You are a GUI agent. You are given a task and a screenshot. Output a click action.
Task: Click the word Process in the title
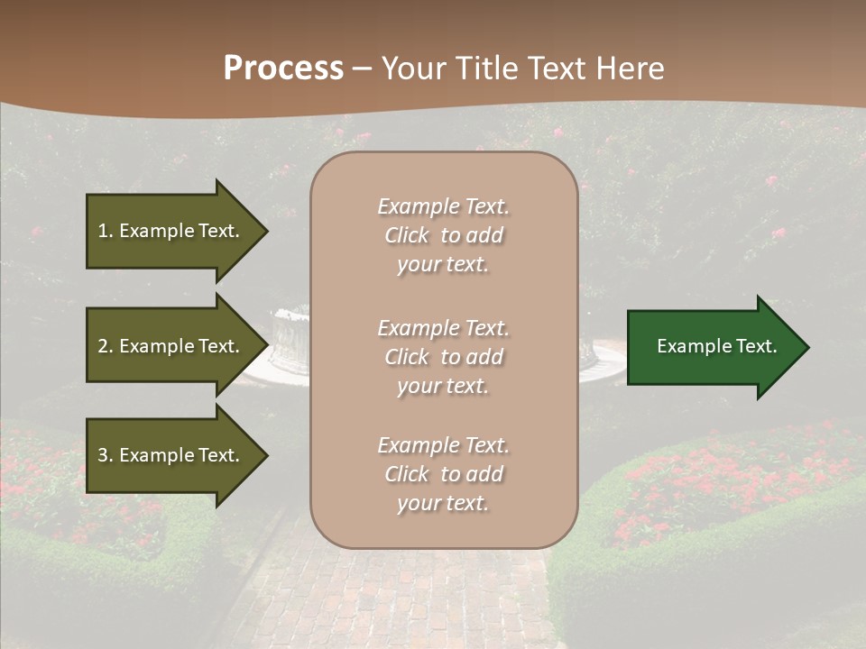[283, 69]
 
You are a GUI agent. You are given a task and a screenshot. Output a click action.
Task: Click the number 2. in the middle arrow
[106, 346]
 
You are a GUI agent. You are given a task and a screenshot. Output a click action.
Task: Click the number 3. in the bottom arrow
[106, 455]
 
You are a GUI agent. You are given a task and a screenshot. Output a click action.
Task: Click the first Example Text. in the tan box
[443, 206]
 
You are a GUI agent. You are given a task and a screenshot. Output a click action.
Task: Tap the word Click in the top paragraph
[406, 235]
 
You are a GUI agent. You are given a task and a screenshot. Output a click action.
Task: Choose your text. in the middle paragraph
[443, 386]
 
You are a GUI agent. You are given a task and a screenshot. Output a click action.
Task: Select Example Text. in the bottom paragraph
[443, 445]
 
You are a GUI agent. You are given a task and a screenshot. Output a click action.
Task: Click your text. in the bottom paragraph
[443, 503]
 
